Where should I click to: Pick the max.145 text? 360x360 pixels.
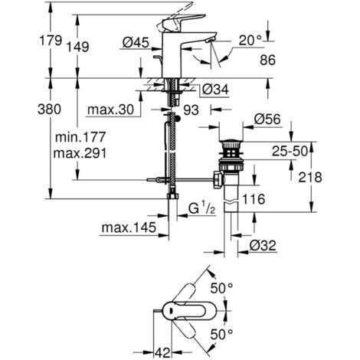[x=126, y=227]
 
